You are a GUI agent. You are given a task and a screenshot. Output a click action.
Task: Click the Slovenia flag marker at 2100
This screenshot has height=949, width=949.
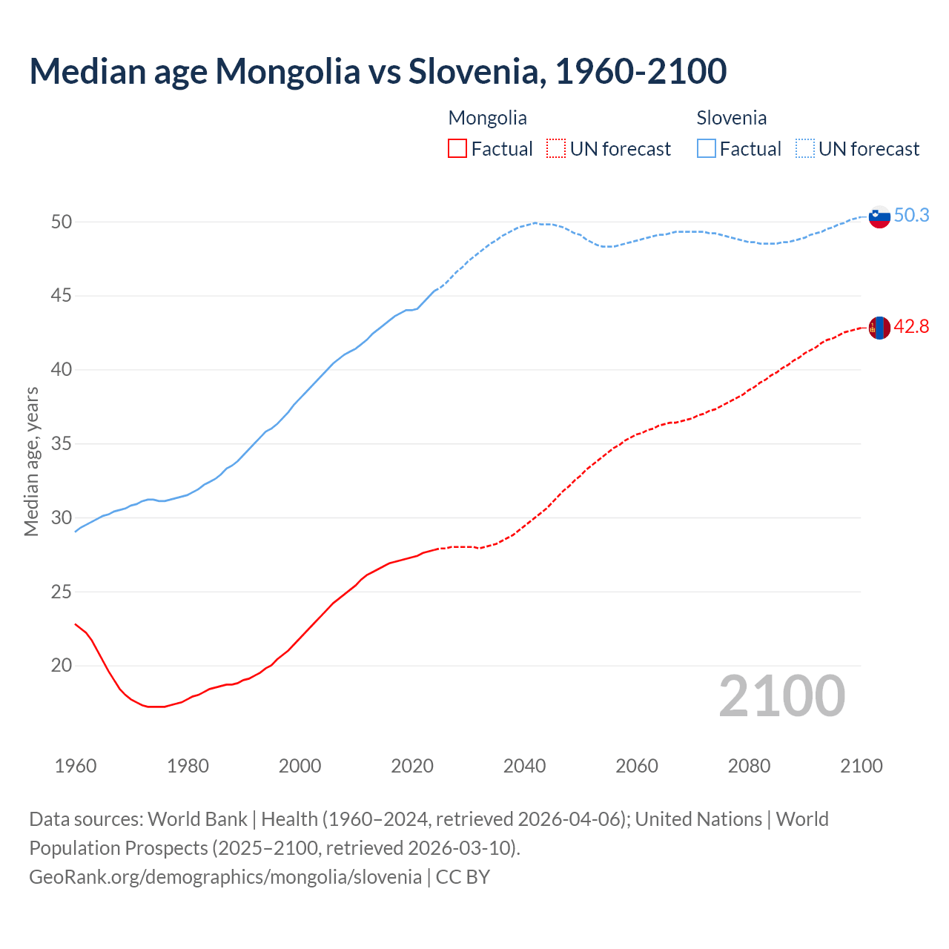pyautogui.click(x=879, y=216)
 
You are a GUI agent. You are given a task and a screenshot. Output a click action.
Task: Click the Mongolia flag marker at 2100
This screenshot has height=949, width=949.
pyautogui.click(x=879, y=327)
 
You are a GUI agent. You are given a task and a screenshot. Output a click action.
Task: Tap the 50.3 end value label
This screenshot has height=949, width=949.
pyautogui.click(x=911, y=215)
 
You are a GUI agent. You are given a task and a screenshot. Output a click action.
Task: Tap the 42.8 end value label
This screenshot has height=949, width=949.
pyautogui.click(x=911, y=326)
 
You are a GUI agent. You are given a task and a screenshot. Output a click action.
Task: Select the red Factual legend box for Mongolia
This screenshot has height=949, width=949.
pyautogui.click(x=457, y=148)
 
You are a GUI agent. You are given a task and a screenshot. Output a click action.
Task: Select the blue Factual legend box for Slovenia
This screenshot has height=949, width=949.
pyautogui.click(x=707, y=148)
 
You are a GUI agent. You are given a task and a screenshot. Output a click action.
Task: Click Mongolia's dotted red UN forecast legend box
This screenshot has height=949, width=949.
pyautogui.click(x=556, y=148)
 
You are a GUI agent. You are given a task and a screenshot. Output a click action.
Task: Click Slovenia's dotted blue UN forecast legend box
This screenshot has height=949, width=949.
pyautogui.click(x=805, y=148)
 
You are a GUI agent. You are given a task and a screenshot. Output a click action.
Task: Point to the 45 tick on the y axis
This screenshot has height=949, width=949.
pyautogui.click(x=62, y=296)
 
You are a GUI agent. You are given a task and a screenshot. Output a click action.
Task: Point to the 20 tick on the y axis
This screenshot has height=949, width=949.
pyautogui.click(x=62, y=665)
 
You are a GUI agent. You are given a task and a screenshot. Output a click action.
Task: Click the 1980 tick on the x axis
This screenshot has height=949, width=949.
pyautogui.click(x=188, y=766)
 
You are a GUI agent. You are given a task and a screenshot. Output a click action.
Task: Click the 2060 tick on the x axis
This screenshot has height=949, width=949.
pyautogui.click(x=637, y=766)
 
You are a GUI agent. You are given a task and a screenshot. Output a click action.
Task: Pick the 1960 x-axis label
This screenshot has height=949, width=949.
pyautogui.click(x=76, y=766)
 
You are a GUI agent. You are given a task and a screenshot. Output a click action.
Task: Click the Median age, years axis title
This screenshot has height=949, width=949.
pyautogui.click(x=31, y=461)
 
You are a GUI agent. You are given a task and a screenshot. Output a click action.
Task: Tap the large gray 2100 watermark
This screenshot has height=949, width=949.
pyautogui.click(x=781, y=695)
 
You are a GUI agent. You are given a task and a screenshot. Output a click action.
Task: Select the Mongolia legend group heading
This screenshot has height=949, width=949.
pyautogui.click(x=487, y=118)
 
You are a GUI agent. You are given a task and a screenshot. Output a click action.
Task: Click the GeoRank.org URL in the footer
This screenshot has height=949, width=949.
pyautogui.click(x=225, y=876)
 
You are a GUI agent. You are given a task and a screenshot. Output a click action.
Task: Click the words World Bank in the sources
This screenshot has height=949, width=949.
pyautogui.click(x=197, y=819)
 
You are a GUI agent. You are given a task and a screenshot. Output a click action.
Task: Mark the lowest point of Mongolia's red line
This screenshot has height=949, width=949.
pyautogui.click(x=156, y=707)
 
